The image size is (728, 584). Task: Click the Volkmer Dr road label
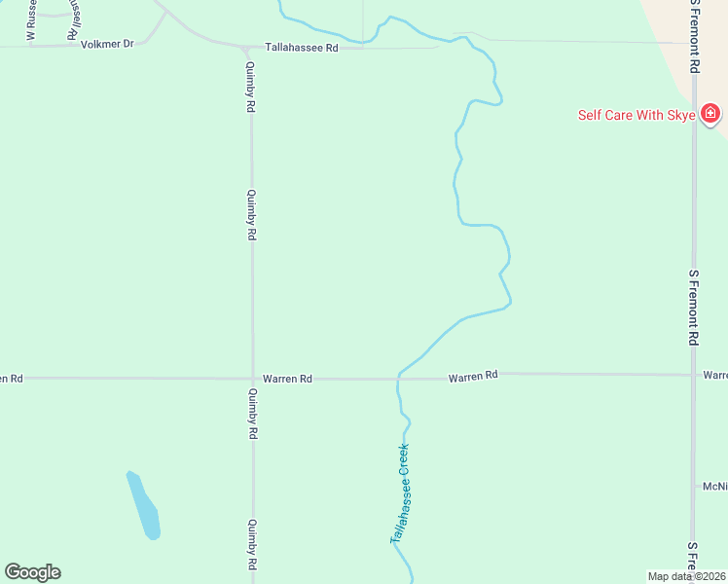(106, 44)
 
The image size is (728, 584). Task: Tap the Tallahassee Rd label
(302, 47)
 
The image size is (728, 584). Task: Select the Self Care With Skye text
(637, 115)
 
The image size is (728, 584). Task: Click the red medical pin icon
(710, 114)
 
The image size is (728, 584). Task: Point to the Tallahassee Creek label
(400, 493)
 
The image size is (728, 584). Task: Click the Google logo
(32, 572)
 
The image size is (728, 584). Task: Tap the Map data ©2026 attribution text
(687, 576)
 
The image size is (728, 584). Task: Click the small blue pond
(143, 504)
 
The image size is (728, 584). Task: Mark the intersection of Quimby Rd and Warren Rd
(252, 378)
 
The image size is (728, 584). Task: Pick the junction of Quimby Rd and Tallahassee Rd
(250, 47)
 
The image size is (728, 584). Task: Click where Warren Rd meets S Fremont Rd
(694, 375)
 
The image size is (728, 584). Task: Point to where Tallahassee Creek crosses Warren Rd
(399, 377)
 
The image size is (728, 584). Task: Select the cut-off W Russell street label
(31, 19)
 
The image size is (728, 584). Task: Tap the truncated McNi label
(714, 486)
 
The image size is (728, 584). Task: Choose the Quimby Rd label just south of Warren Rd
(252, 414)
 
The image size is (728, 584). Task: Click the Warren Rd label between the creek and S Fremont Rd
(473, 375)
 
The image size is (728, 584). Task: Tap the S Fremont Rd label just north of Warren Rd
(694, 308)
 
